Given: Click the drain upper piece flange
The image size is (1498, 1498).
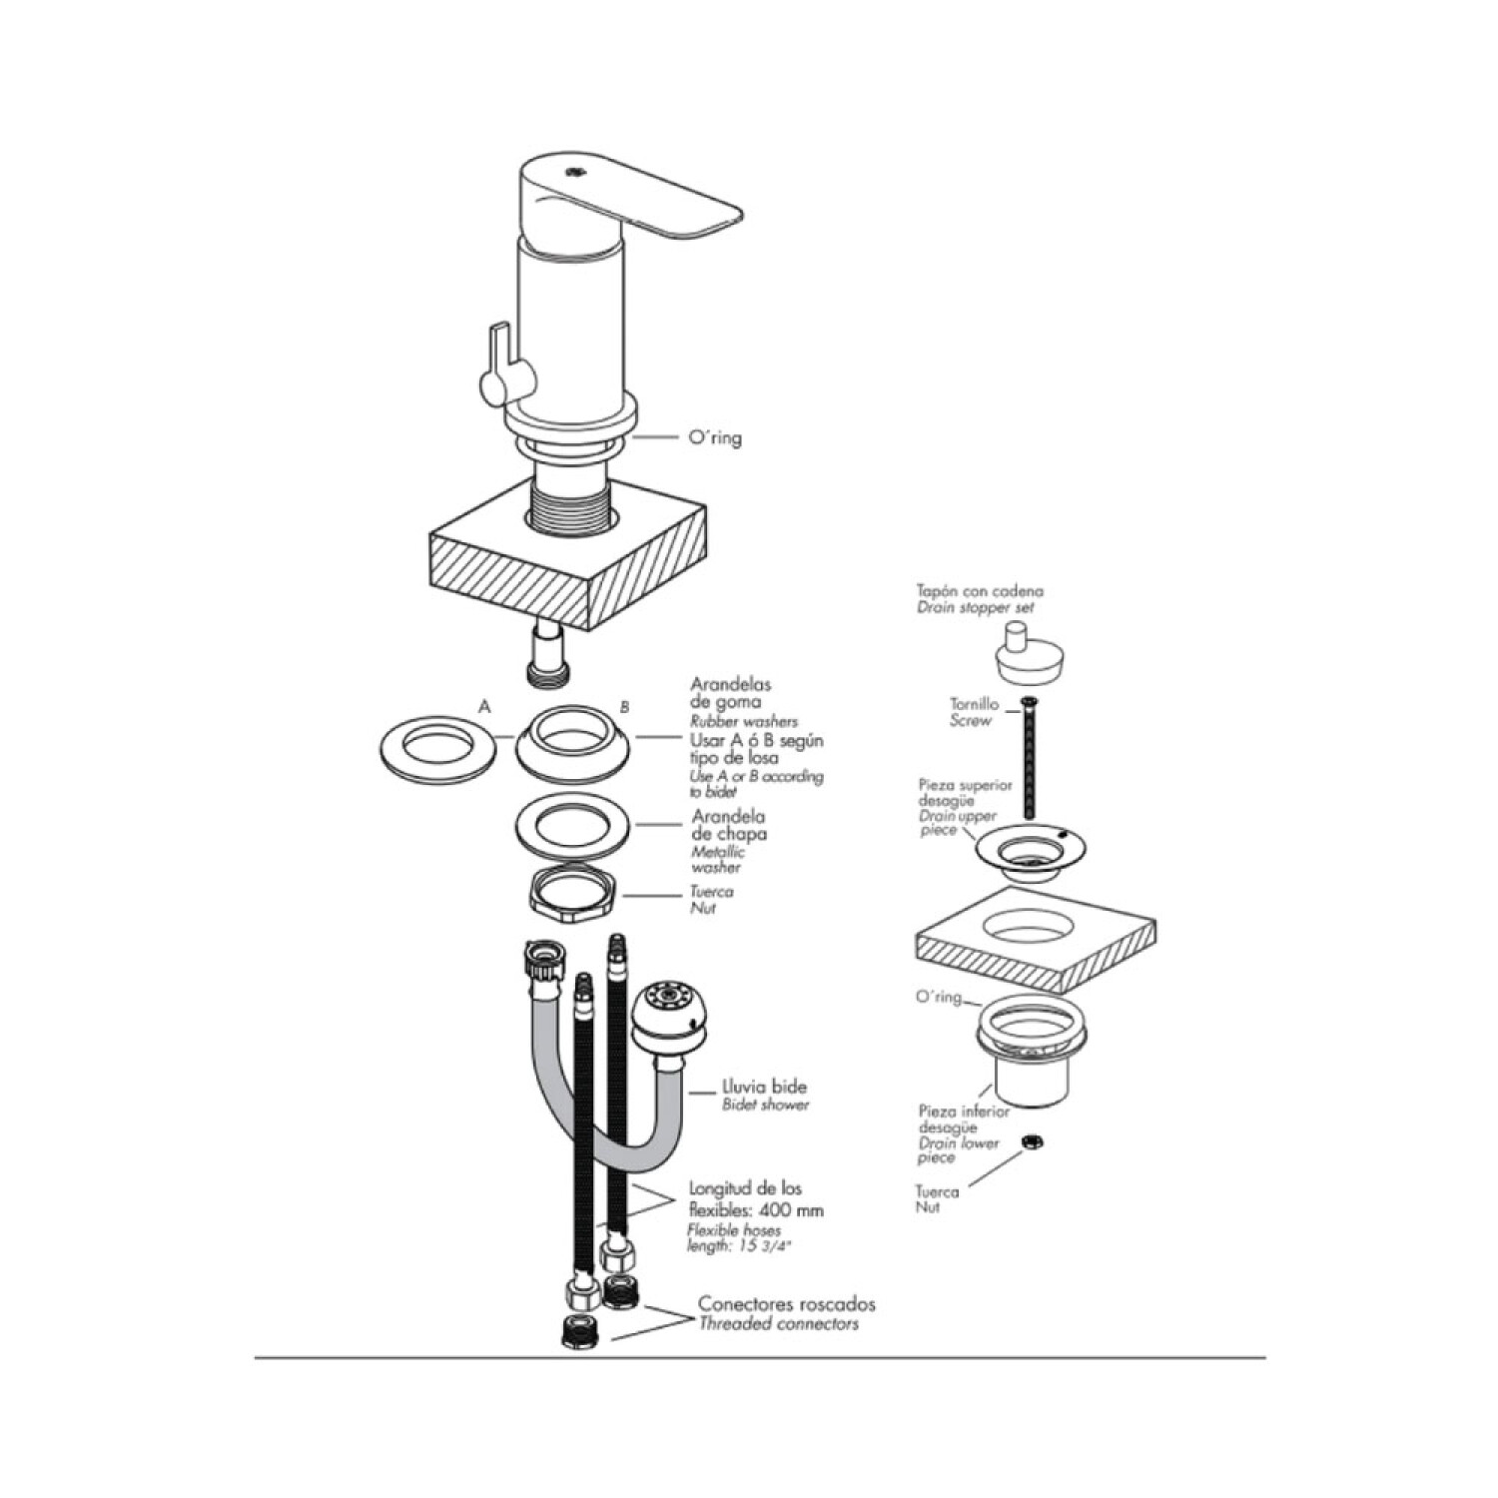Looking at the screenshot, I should [1029, 849].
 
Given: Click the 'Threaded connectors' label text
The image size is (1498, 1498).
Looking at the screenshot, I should [778, 1324].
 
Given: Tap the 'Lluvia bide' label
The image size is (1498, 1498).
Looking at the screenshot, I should [764, 1087].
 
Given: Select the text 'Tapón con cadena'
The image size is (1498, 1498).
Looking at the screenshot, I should [979, 591].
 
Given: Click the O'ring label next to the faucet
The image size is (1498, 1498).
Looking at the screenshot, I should [715, 437].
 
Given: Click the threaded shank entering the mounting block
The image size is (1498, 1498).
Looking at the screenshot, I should [569, 499].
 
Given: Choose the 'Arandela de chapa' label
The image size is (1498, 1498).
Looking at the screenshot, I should [729, 825].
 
